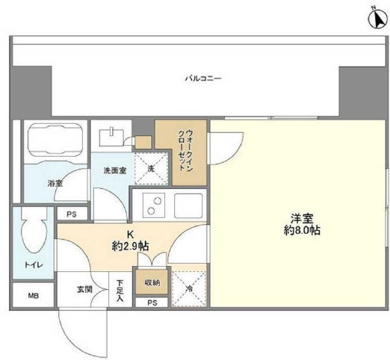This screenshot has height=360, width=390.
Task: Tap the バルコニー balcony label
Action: [203, 79]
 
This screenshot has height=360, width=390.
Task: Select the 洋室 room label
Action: [302, 219]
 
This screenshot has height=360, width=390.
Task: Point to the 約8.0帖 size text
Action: [302, 231]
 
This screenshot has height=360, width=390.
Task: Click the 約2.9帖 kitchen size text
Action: [131, 246]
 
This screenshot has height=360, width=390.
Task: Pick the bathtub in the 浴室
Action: [55, 140]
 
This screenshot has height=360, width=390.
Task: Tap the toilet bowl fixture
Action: [34, 230]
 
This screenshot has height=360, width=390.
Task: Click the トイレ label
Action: [34, 265]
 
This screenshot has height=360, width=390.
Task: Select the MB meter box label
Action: [33, 296]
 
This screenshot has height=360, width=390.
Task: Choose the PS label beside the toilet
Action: [72, 214]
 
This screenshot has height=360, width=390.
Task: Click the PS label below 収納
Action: [152, 302]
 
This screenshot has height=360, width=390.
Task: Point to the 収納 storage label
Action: [152, 282]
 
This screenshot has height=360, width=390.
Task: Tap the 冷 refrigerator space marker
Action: [189, 289]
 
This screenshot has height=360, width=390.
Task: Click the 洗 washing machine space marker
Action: [151, 169]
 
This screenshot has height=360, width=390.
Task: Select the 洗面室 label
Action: [115, 170]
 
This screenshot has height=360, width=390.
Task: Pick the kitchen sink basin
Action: [188, 205]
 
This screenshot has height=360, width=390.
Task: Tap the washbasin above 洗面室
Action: [111, 137]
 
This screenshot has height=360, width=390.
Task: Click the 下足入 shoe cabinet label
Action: [120, 291]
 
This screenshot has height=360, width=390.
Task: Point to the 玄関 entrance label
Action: [84, 289]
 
